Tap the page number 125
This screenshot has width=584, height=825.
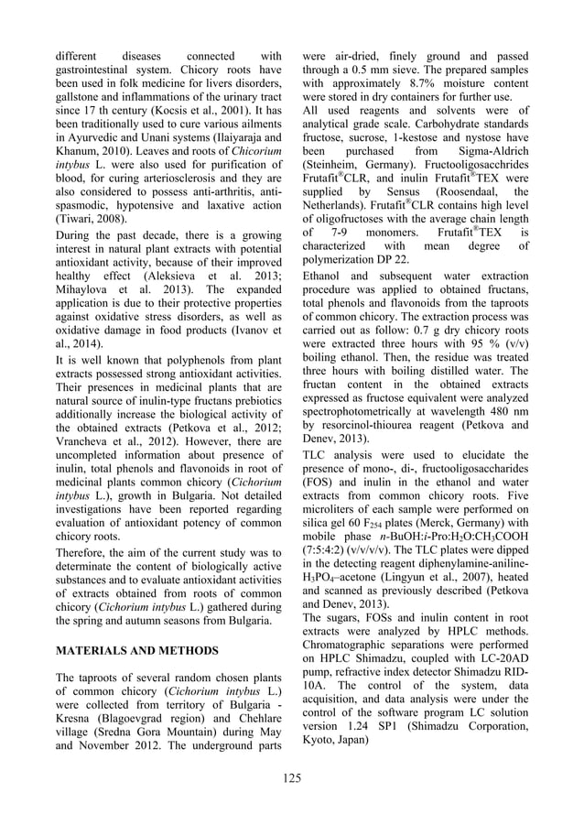[x=292, y=778]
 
